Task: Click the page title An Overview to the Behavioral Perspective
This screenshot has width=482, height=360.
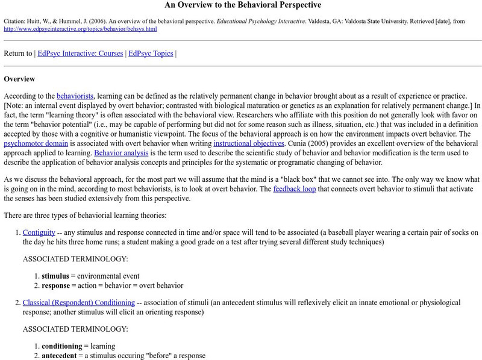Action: click(243, 5)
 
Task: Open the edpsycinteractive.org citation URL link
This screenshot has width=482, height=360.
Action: click(81, 28)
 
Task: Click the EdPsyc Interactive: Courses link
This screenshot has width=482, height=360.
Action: click(80, 54)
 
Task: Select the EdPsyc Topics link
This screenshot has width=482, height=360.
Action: click(151, 54)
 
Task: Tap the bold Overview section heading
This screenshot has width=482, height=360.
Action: click(19, 79)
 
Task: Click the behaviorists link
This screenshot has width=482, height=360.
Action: click(75, 96)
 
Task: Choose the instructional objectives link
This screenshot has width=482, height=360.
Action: click(248, 144)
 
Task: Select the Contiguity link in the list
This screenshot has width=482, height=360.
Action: click(39, 232)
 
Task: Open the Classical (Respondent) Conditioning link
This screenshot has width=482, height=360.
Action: click(78, 302)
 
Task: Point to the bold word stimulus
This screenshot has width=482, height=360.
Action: click(56, 276)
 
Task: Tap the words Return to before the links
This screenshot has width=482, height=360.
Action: click(18, 54)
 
